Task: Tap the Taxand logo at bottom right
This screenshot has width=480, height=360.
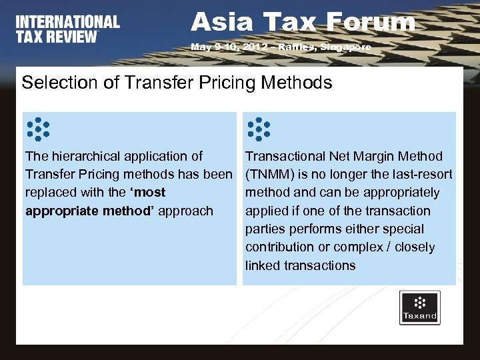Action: [x=419, y=307]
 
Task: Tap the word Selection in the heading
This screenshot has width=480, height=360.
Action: [x=50, y=83]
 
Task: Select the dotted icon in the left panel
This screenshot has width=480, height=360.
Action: [x=38, y=129]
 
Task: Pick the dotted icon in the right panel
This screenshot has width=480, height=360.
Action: [x=259, y=129]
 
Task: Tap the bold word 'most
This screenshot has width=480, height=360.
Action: [x=149, y=193]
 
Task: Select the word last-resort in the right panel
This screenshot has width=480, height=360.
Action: [x=420, y=175]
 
